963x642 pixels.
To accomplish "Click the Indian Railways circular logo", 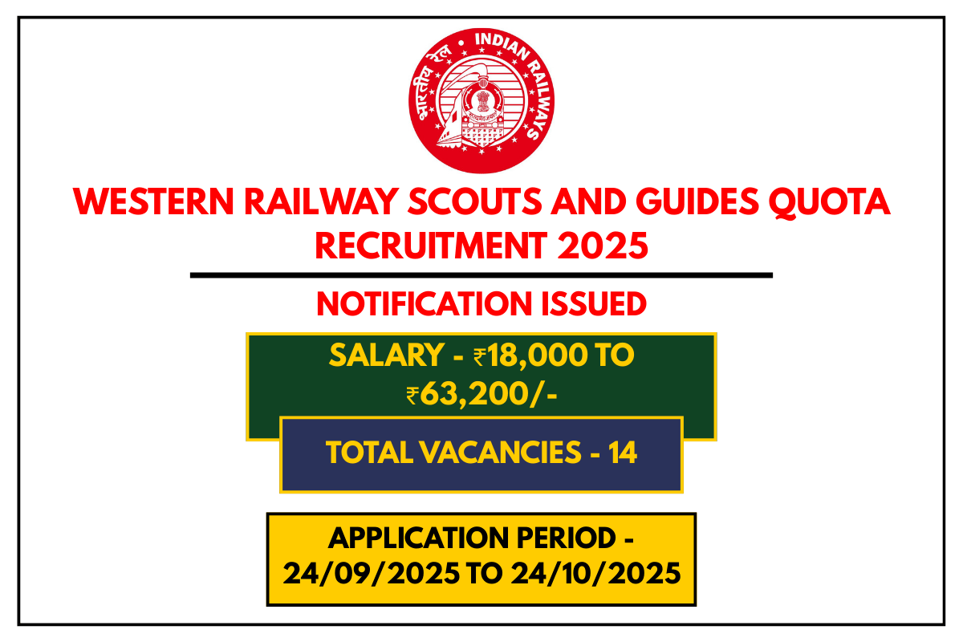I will (481, 100).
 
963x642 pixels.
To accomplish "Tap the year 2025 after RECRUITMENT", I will (610, 244).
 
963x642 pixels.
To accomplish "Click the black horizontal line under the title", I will (481, 275).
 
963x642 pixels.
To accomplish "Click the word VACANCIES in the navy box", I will (498, 453).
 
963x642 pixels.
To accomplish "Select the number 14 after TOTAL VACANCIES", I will (623, 453).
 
